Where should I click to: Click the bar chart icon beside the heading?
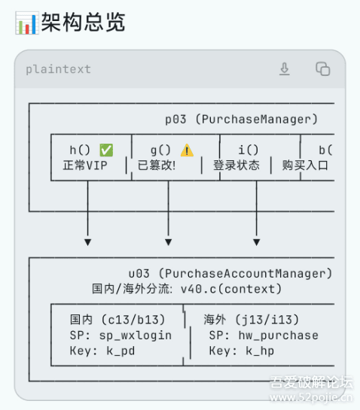click(x=26, y=23)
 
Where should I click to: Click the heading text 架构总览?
click(x=84, y=23)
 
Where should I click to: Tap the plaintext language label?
click(x=58, y=69)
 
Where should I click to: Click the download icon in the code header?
click(x=285, y=69)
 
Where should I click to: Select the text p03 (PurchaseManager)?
click(x=242, y=120)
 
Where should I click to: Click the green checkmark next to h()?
click(x=106, y=150)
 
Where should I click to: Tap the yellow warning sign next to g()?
click(x=187, y=150)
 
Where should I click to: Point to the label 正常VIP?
click(x=85, y=166)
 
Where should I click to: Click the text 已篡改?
click(x=157, y=166)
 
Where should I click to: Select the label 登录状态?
click(x=236, y=166)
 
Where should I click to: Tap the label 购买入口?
click(x=305, y=166)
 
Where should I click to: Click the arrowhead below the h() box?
click(x=87, y=242)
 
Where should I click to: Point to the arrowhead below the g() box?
click(x=169, y=242)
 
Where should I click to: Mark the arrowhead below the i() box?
click(x=257, y=242)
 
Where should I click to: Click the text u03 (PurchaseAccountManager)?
click(x=230, y=274)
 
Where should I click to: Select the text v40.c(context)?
click(x=231, y=289)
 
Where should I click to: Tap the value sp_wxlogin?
click(x=136, y=336)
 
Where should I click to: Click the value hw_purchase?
click(x=279, y=336)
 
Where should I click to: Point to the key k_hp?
click(x=260, y=351)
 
